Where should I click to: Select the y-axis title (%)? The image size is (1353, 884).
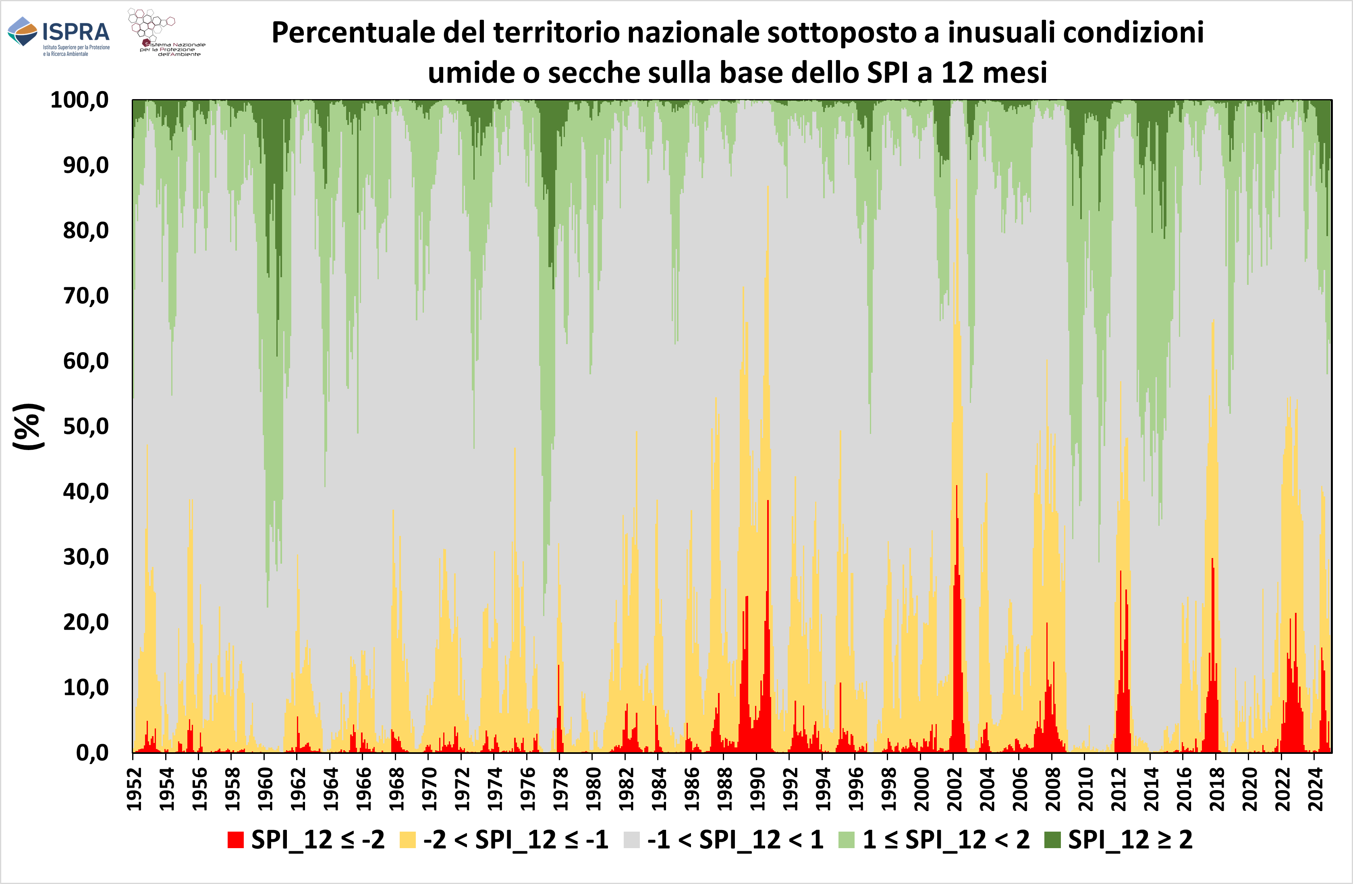tap(28, 426)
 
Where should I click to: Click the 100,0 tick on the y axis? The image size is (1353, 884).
tap(80, 100)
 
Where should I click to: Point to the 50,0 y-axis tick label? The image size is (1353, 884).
tap(85, 426)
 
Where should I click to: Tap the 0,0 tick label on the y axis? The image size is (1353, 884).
tap(92, 753)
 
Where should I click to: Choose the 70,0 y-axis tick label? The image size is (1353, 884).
tap(85, 296)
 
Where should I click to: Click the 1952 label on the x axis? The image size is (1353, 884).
tap(134, 789)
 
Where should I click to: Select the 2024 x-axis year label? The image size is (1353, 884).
tap(1316, 789)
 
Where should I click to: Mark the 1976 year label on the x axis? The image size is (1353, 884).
tap(527, 789)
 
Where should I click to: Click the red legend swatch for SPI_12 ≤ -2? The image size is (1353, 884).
tap(235, 840)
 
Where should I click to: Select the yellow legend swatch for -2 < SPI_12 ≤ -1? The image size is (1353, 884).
tap(408, 840)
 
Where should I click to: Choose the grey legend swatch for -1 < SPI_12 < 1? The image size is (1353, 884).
tap(632, 840)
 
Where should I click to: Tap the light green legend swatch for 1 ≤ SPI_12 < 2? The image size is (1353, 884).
tap(847, 840)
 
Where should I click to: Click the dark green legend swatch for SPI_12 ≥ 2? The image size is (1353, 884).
tap(1053, 840)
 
